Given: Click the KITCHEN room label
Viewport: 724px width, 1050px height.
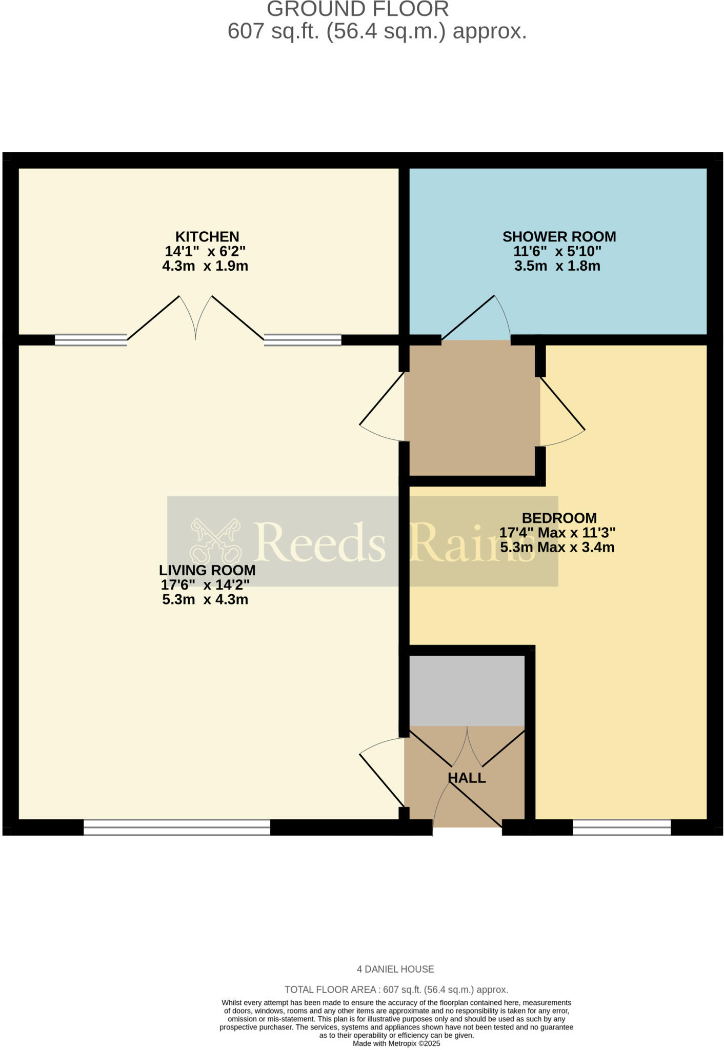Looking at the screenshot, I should pyautogui.click(x=207, y=237).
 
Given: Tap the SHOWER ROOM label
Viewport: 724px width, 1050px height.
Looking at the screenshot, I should pyautogui.click(x=559, y=237).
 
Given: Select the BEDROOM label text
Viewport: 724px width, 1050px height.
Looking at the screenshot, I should pyautogui.click(x=559, y=518).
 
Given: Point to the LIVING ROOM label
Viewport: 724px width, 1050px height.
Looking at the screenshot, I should pyautogui.click(x=207, y=570).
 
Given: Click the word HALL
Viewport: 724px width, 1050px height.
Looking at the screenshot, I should pyautogui.click(x=467, y=778).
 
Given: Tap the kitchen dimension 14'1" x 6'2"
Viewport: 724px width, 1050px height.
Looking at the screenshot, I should pyautogui.click(x=205, y=252).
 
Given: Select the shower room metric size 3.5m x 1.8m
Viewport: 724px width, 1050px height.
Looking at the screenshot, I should pyautogui.click(x=557, y=266).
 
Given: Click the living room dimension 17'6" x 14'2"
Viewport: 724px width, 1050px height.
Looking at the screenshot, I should pyautogui.click(x=205, y=585).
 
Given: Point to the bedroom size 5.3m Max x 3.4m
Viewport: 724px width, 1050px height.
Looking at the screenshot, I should pyautogui.click(x=557, y=548).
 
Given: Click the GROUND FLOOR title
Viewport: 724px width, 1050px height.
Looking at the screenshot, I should pyautogui.click(x=358, y=9).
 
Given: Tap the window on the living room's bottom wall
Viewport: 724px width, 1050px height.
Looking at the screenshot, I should pyautogui.click(x=177, y=827).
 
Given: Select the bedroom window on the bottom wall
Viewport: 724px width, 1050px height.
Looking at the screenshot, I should pyautogui.click(x=621, y=827).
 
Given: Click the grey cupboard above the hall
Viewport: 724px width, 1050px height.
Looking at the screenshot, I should pyautogui.click(x=467, y=690).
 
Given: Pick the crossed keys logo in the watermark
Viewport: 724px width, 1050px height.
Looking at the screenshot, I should pyautogui.click(x=215, y=541).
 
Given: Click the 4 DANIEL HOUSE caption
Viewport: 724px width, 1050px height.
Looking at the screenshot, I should pyautogui.click(x=395, y=970).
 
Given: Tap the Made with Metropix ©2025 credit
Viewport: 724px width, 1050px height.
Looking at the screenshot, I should pyautogui.click(x=396, y=1043).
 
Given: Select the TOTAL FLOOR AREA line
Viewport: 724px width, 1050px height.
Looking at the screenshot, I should pyautogui.click(x=396, y=990).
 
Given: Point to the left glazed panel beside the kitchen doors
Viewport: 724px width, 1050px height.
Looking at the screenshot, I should pyautogui.click(x=91, y=340).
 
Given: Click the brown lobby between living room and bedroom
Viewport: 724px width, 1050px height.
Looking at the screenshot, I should pyautogui.click(x=472, y=410).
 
